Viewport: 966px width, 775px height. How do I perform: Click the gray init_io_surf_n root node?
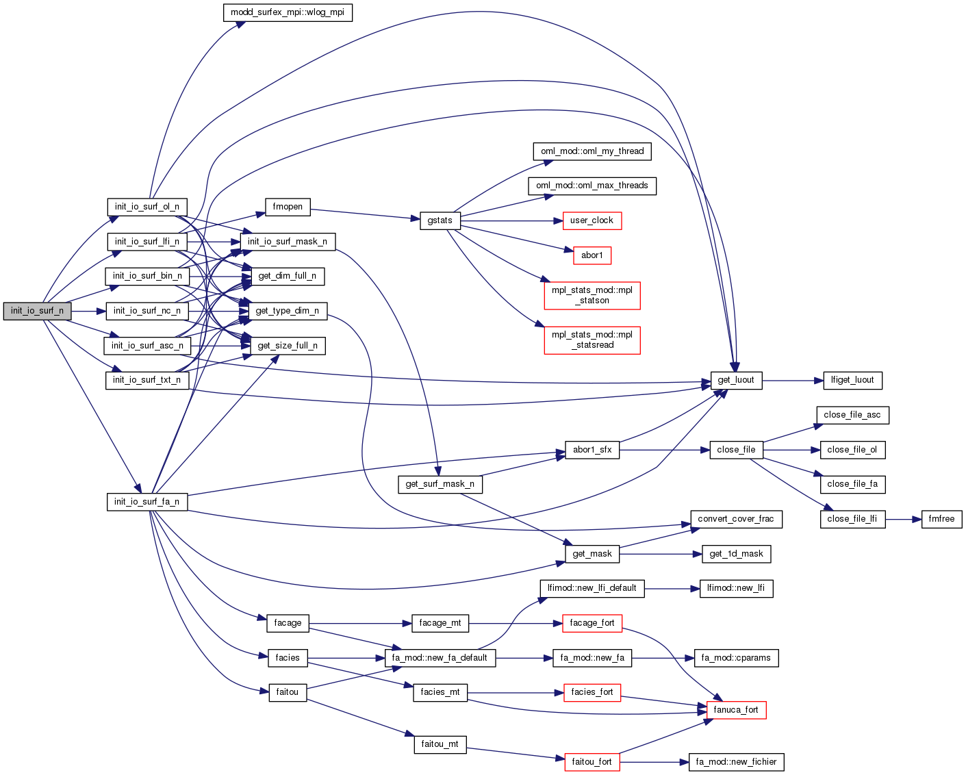(x=37, y=311)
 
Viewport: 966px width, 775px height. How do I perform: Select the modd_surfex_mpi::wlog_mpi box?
(x=288, y=12)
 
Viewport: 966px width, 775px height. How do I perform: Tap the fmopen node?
(x=288, y=207)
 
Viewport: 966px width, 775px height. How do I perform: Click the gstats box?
(x=440, y=220)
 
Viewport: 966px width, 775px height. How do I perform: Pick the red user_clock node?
(x=592, y=220)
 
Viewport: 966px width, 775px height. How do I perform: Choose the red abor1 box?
(x=592, y=255)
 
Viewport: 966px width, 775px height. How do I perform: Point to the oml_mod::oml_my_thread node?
(x=592, y=151)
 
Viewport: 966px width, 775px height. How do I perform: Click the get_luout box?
(x=736, y=380)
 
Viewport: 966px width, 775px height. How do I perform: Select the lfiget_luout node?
(x=852, y=380)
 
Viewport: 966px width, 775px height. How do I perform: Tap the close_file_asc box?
(x=852, y=415)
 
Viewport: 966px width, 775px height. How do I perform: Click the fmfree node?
(x=941, y=519)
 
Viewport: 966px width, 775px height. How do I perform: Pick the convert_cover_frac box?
(x=736, y=519)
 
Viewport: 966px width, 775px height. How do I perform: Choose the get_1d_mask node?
(x=736, y=554)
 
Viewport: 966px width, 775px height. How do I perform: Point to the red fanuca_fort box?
(x=736, y=710)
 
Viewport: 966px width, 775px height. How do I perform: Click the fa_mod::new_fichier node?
(x=736, y=762)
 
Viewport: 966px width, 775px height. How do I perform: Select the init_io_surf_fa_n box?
(x=147, y=502)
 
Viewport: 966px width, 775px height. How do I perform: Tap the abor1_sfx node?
(x=592, y=450)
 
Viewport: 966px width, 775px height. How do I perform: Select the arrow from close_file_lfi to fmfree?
(x=903, y=519)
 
